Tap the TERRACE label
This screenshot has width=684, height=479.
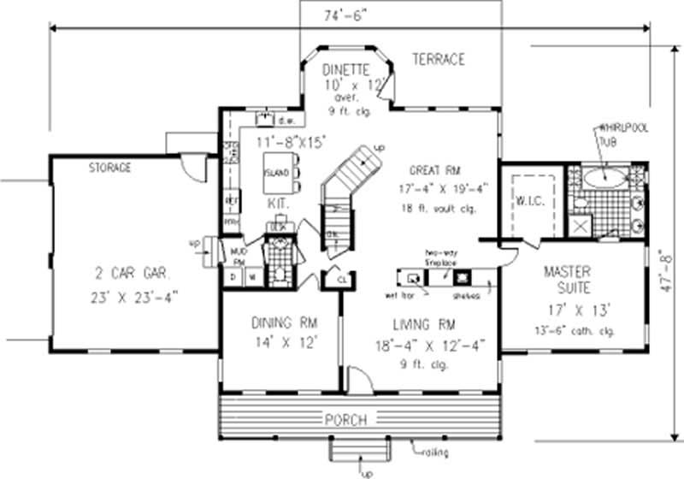pos(439,59)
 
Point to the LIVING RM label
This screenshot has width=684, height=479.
pos(424,326)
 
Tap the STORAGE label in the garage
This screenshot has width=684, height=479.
pos(110,168)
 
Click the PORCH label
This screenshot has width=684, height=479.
pos(346,420)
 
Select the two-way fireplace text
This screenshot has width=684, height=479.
pos(444,258)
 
